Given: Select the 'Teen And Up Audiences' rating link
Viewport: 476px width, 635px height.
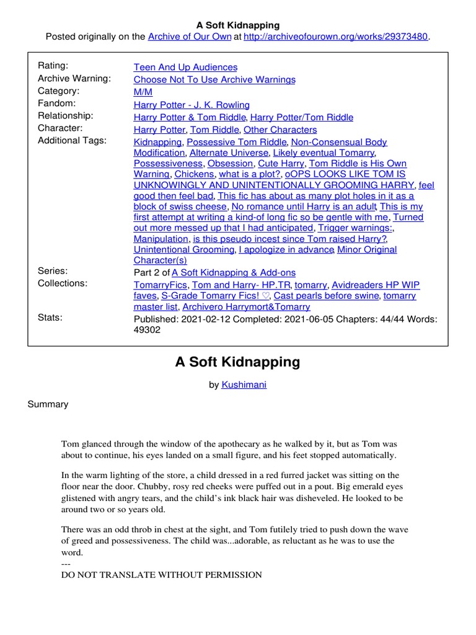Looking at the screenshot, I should tap(185, 67).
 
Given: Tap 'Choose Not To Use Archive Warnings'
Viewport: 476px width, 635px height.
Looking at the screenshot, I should tap(214, 79).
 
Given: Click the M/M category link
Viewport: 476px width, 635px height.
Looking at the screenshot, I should tap(142, 92).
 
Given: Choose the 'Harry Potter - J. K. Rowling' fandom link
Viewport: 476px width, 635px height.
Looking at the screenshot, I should tap(192, 105).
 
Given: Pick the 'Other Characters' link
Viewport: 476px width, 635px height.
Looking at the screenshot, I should tap(280, 130).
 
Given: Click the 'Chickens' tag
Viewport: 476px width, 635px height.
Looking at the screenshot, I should tap(195, 174).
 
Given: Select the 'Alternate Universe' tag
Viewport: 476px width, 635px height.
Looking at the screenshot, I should tap(228, 153).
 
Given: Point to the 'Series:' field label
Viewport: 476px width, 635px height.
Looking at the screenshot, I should tap(53, 271).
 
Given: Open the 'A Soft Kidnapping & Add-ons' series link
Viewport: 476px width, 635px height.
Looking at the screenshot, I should tap(234, 272).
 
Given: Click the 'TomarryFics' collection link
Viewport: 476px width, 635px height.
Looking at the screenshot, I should tap(161, 285).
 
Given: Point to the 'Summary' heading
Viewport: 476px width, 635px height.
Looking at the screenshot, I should tap(48, 404).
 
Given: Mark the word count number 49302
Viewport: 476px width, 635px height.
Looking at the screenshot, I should tap(147, 330).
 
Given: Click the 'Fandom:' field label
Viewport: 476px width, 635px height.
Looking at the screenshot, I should tap(56, 104).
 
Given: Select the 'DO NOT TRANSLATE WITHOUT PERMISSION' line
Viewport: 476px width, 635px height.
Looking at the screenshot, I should tap(161, 575).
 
